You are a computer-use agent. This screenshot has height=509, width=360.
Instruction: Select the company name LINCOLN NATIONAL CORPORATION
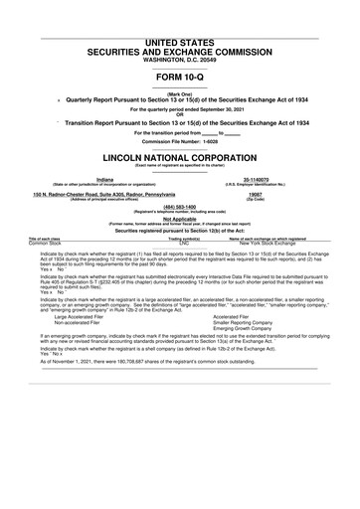180,158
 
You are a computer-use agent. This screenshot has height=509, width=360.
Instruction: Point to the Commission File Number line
180,139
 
